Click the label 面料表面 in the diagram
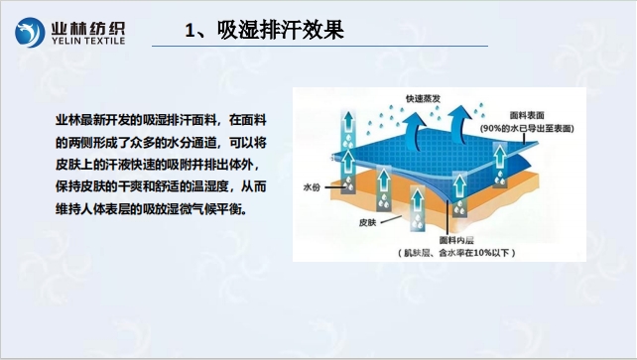(x=529, y=115)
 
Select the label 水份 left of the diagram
(x=313, y=186)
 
